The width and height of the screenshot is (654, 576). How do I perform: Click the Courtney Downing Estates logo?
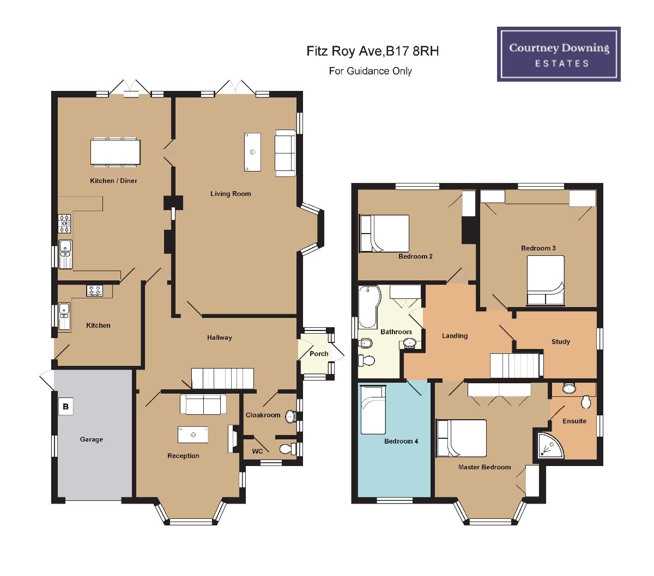pyautogui.click(x=559, y=54)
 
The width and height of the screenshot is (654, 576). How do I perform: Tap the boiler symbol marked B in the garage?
pyautogui.click(x=65, y=407)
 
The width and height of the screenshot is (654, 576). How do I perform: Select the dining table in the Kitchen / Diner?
pyautogui.click(x=115, y=152)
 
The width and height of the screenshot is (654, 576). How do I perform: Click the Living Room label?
pyautogui.click(x=231, y=194)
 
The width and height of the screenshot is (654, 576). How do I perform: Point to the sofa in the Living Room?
pyautogui.click(x=285, y=153)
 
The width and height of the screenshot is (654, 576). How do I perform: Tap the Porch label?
pyautogui.click(x=319, y=354)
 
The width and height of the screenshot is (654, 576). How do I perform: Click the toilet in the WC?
pyautogui.click(x=288, y=449)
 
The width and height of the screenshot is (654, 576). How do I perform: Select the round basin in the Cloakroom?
pyautogui.click(x=291, y=416)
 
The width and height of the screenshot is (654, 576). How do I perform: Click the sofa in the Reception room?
pyautogui.click(x=203, y=404)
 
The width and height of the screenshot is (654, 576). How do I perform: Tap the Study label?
pyautogui.click(x=561, y=341)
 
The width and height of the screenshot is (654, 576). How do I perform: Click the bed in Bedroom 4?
pyautogui.click(x=373, y=410)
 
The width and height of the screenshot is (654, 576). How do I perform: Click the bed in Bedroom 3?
pyautogui.click(x=546, y=280)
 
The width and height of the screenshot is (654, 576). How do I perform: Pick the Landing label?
pyautogui.click(x=455, y=336)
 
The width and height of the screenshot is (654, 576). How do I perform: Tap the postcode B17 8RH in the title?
pyautogui.click(x=412, y=51)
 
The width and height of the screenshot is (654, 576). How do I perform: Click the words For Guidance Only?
pyautogui.click(x=370, y=71)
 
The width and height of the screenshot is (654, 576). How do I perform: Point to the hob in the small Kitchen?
pyautogui.click(x=95, y=291)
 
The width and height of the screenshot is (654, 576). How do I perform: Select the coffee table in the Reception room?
pyautogui.click(x=193, y=434)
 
